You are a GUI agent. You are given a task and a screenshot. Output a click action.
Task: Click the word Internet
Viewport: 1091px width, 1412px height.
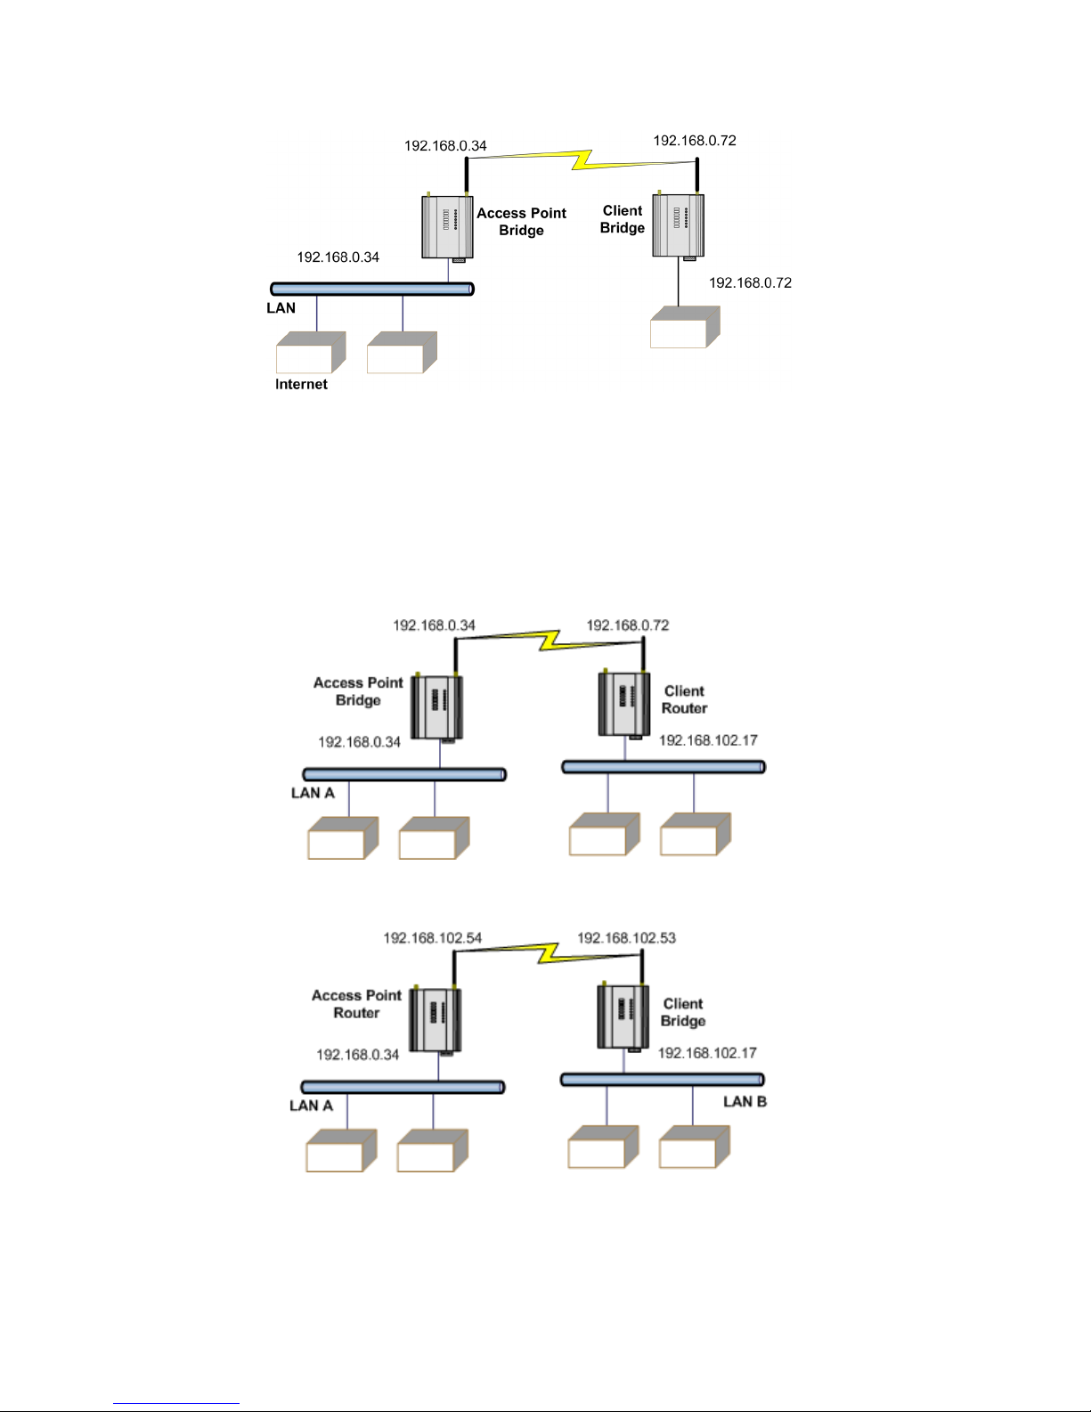pyautogui.click(x=301, y=385)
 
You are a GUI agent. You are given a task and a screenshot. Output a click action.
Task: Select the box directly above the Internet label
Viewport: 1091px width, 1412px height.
pyautogui.click(x=309, y=354)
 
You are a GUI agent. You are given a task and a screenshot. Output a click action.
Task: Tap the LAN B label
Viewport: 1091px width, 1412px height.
pyautogui.click(x=745, y=1102)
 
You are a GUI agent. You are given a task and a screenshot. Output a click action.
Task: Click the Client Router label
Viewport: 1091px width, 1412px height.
pyautogui.click(x=684, y=699)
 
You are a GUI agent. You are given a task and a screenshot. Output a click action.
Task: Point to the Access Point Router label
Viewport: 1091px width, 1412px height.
pyautogui.click(x=356, y=1004)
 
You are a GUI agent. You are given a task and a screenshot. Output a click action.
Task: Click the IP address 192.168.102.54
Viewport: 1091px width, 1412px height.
pyautogui.click(x=432, y=938)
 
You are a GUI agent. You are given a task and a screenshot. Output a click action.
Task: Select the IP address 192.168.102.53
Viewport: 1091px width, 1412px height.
pyautogui.click(x=626, y=938)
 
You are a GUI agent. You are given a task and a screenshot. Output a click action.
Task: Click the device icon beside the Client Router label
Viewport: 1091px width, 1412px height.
pyautogui.click(x=623, y=704)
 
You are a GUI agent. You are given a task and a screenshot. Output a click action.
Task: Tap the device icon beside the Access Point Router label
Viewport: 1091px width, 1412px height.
pyautogui.click(x=435, y=1019)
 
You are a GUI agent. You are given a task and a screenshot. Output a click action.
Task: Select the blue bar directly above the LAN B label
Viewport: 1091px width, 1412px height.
pyautogui.click(x=663, y=1080)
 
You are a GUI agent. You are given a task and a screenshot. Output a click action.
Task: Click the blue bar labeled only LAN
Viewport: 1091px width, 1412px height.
pyautogui.click(x=371, y=289)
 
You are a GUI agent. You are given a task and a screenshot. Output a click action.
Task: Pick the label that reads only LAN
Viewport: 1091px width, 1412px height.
pyautogui.click(x=281, y=308)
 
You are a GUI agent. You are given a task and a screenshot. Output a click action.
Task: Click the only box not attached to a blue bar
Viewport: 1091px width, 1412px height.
pyautogui.click(x=683, y=328)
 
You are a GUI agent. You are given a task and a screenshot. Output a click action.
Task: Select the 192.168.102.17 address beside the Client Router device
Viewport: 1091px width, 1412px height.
pyautogui.click(x=708, y=740)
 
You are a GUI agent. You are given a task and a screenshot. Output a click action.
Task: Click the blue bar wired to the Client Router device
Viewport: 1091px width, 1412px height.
pyautogui.click(x=663, y=767)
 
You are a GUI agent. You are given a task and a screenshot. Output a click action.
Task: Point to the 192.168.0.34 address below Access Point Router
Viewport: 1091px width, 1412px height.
pyautogui.click(x=357, y=1055)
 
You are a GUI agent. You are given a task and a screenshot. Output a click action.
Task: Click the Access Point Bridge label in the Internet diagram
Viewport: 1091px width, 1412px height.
pyautogui.click(x=521, y=222)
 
